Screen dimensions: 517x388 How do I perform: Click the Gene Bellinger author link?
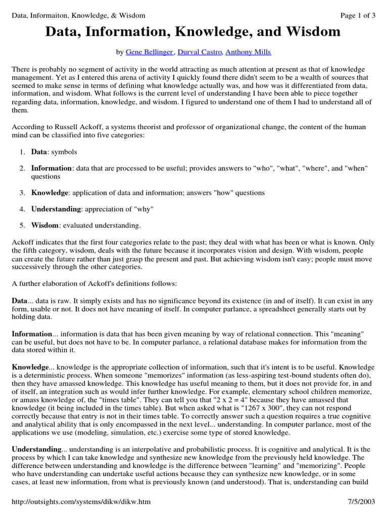pyautogui.click(x=150, y=52)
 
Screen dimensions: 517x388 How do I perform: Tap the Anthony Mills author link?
pyautogui.click(x=248, y=52)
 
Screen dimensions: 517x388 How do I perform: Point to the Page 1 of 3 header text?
pyautogui.click(x=358, y=15)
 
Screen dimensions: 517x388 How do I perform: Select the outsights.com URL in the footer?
pyautogui.click(x=81, y=502)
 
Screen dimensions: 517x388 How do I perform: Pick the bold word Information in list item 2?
pyautogui.click(x=52, y=168)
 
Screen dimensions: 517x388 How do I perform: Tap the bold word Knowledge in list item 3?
pyautogui.click(x=50, y=193)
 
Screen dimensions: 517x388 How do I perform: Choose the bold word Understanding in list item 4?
pyautogui.click(x=56, y=209)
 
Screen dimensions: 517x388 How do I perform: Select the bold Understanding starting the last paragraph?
pyautogui.click(x=36, y=448)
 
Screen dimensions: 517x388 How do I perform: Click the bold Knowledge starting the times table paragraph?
pyautogui.click(x=30, y=367)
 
